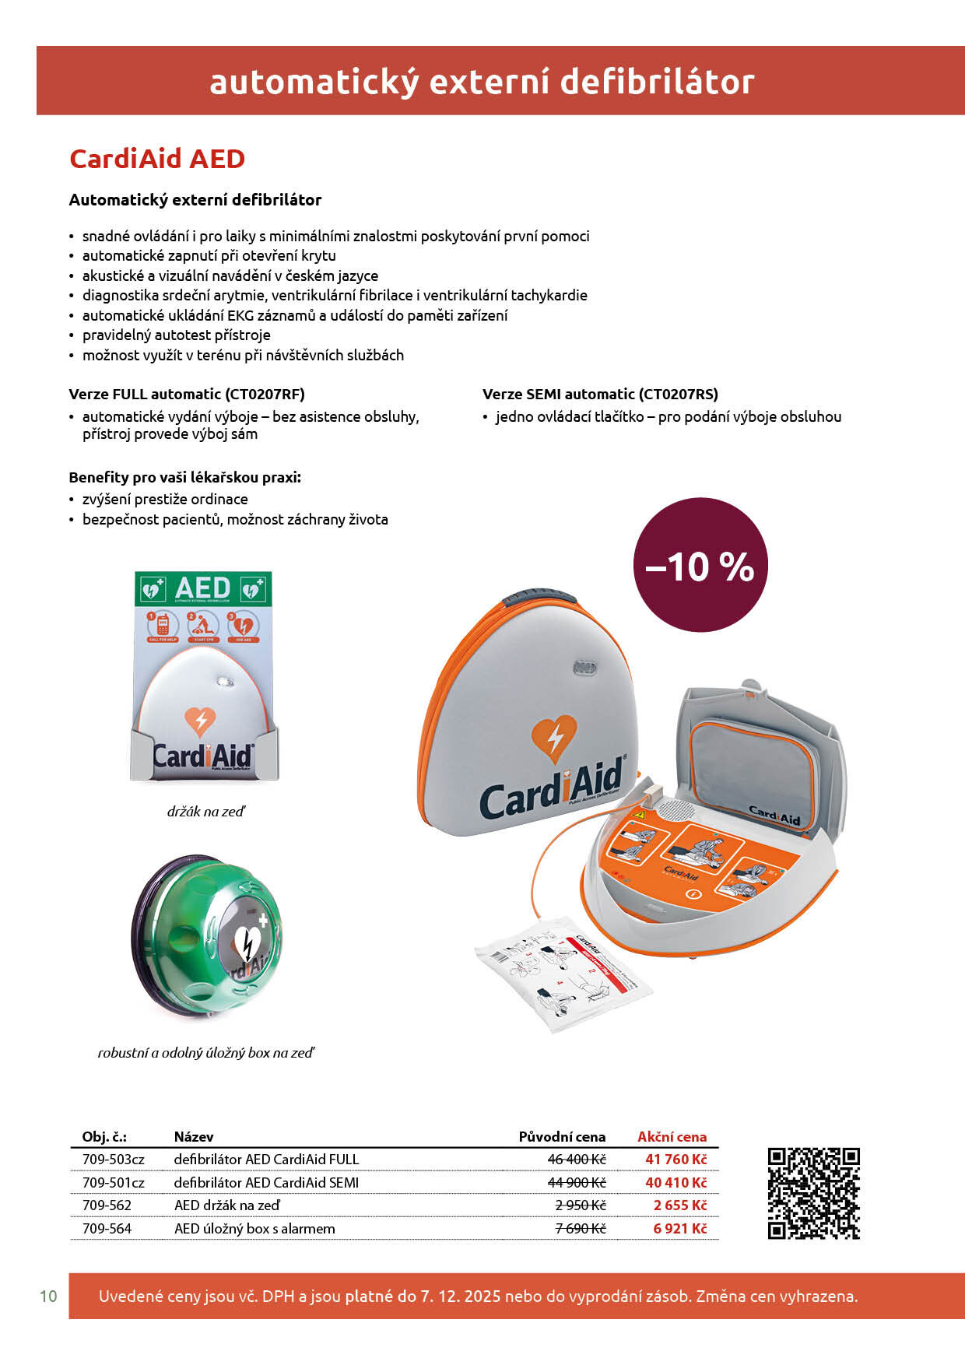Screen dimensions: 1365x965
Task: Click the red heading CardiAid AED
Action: tap(157, 159)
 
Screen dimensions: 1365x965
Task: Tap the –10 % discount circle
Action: tap(700, 565)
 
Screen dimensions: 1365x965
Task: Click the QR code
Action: tap(813, 1193)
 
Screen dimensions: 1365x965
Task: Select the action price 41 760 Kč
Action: tap(675, 1160)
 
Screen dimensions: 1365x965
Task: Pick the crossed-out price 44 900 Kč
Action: tap(577, 1183)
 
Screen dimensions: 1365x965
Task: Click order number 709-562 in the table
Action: tap(107, 1205)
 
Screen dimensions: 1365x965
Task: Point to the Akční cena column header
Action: tap(672, 1137)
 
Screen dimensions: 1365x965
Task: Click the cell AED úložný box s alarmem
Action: tap(254, 1229)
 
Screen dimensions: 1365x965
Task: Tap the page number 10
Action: tap(48, 1297)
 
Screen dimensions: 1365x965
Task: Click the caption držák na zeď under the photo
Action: tap(206, 812)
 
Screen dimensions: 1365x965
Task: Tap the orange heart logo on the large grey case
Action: tap(553, 740)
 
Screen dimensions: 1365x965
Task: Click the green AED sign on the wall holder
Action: tap(203, 589)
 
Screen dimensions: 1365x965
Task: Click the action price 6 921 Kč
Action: tap(679, 1229)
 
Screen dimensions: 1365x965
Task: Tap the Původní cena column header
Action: tap(562, 1137)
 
